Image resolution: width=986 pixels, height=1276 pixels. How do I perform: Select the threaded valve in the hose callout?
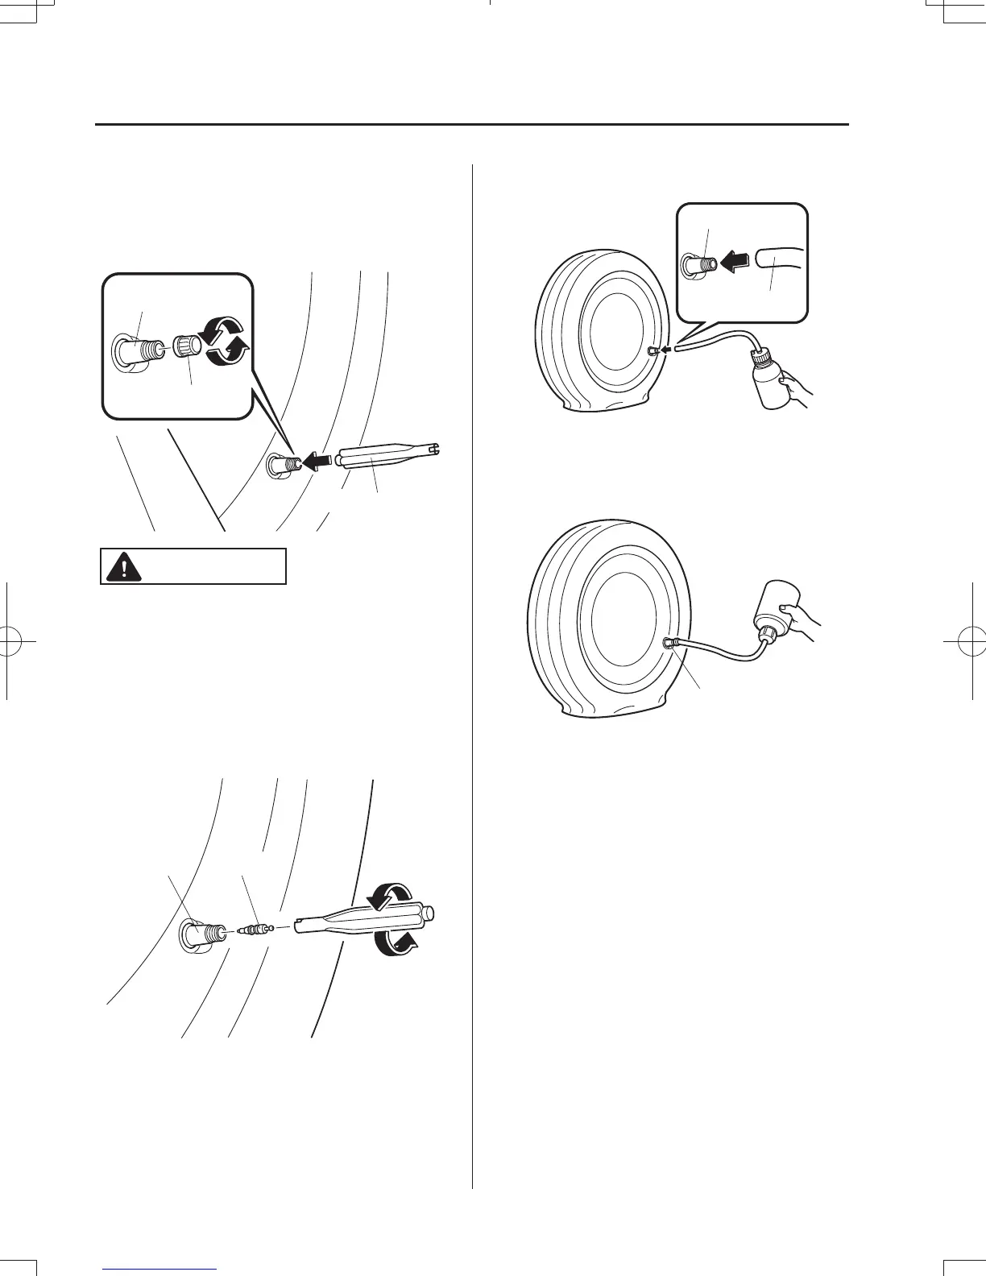pyautogui.click(x=695, y=263)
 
